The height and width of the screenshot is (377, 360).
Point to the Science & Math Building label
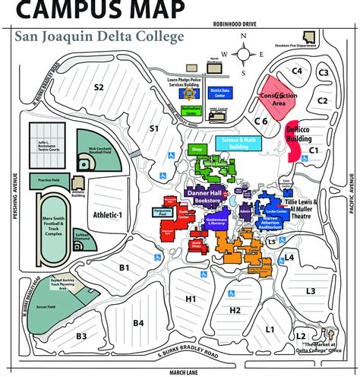click(236, 141)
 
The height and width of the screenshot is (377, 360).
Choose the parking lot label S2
click(99, 87)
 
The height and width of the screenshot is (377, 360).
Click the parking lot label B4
click(138, 323)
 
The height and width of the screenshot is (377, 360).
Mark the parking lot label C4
click(297, 71)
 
